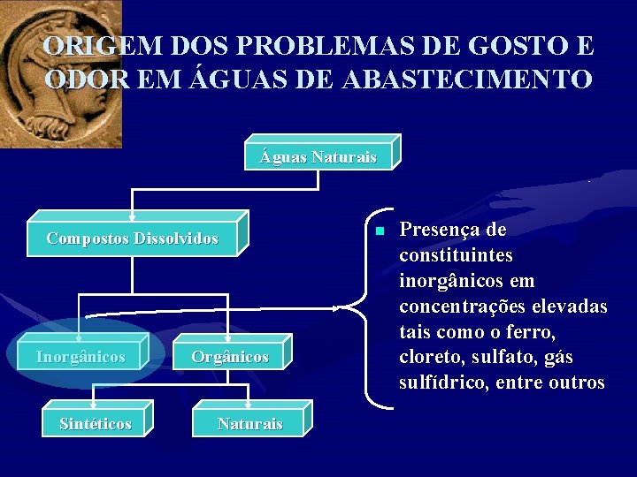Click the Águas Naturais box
pos(318,157)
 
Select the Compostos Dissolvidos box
pos(133,238)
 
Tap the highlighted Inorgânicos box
pos(81,357)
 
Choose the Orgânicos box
pos(230,357)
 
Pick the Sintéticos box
pos(96,424)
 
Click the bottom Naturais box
pos(250,424)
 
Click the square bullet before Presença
pos(378,231)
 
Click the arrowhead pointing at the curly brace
pos(335,307)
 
